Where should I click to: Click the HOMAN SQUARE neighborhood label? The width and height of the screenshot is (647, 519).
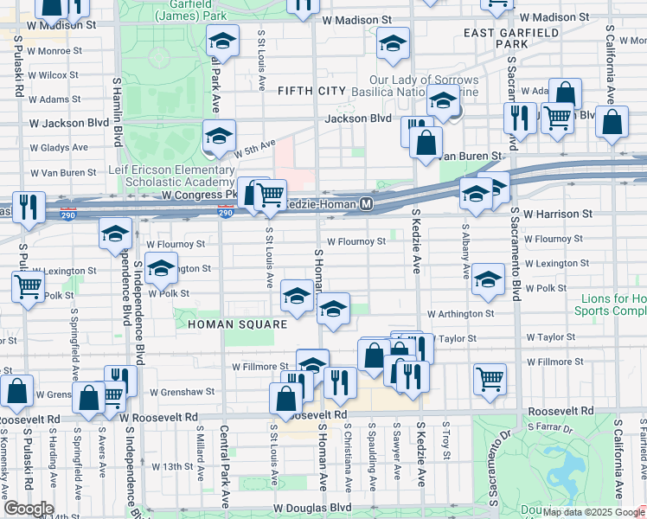coord(237,324)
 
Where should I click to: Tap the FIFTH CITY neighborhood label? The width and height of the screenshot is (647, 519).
coord(311,91)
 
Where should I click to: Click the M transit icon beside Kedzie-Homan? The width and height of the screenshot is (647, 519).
coord(367,204)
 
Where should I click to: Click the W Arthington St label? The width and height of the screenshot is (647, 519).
coord(460,314)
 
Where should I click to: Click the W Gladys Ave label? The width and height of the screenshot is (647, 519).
coord(59,148)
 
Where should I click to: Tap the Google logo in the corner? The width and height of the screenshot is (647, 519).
coord(28,509)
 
